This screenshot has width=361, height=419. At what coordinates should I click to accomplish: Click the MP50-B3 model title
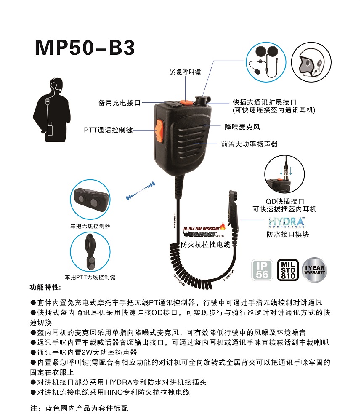(x=85, y=48)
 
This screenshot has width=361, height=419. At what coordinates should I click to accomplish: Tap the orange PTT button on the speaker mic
(x=159, y=130)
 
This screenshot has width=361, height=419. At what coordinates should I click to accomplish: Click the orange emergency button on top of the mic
(x=185, y=101)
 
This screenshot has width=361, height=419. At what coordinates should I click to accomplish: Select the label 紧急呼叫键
(x=186, y=72)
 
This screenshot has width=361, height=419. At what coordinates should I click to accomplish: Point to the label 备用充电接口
(x=119, y=103)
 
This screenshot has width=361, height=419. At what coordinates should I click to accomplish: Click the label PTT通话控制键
(x=108, y=130)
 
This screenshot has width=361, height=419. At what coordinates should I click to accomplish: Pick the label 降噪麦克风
(x=242, y=126)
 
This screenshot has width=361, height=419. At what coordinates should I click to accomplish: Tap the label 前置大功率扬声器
(x=250, y=144)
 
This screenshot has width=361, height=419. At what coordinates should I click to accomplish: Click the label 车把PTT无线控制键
(x=90, y=278)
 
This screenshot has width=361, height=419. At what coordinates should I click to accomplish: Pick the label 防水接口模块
(x=288, y=234)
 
